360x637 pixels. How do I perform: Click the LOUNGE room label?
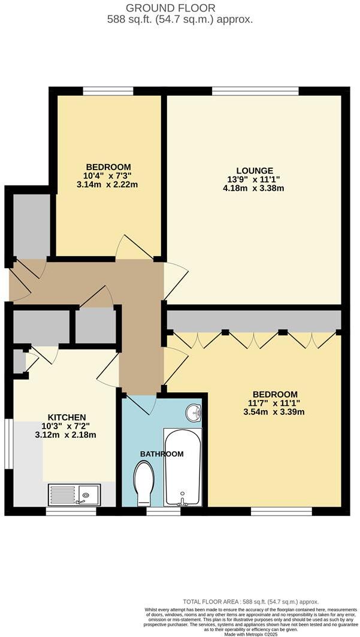(254, 171)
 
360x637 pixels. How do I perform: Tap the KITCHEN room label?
(66, 417)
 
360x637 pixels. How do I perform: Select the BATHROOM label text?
(162, 454)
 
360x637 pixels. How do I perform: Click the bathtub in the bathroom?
(182, 467)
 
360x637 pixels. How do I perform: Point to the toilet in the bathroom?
(144, 483)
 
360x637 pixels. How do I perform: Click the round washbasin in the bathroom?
(193, 412)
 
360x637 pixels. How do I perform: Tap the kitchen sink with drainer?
(74, 495)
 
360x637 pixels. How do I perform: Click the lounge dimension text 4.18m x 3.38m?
(254, 189)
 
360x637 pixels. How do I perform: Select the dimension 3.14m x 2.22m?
(108, 185)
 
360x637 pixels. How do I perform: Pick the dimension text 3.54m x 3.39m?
(275, 412)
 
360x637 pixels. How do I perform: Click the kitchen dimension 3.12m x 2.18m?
(66, 435)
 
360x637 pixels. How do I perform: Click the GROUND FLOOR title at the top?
(180, 8)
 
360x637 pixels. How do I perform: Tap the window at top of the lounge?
(255, 91)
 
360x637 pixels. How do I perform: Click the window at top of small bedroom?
(108, 91)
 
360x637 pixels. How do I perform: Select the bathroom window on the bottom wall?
(164, 511)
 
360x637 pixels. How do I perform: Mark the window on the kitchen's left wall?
(8, 444)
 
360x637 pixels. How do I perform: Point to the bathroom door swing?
(141, 404)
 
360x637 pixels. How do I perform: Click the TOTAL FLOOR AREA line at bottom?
(250, 601)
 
